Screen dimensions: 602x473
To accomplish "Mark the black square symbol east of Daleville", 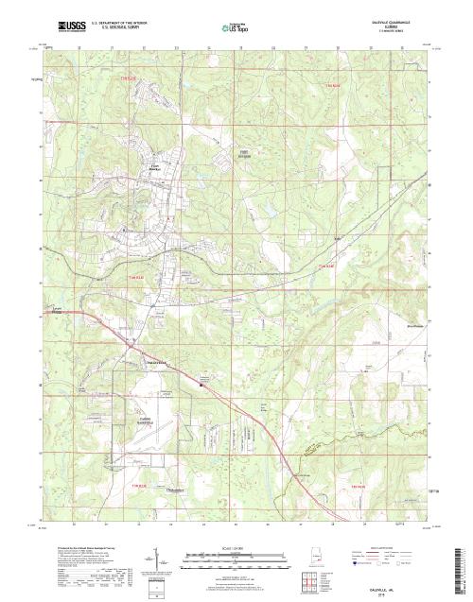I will pos(201,384).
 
